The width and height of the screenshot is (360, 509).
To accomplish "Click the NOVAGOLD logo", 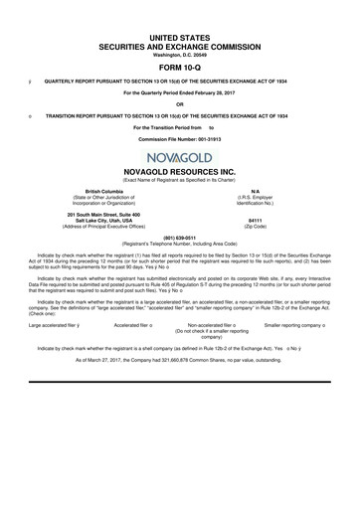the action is pos(180,159).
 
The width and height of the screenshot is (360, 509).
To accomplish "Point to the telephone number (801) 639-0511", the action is pos(179,238).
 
